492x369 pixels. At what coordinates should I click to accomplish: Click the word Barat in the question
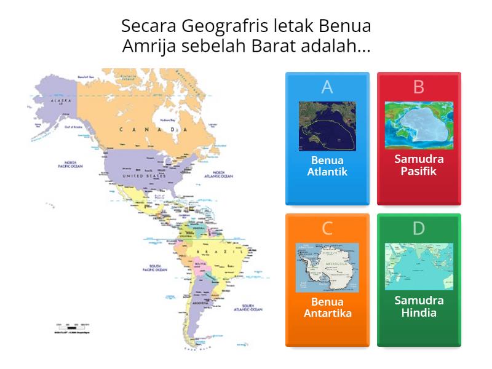277,47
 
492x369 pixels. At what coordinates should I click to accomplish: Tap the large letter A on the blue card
327,87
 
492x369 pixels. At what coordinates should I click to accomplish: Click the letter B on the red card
419,87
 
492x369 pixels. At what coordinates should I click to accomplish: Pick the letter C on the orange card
327,229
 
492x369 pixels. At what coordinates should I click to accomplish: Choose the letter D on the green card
419,229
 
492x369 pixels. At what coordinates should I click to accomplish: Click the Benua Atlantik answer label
327,165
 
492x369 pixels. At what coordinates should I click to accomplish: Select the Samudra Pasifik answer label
419,165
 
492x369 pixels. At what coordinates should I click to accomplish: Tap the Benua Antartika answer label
327,307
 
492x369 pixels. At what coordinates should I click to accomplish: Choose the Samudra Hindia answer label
419,306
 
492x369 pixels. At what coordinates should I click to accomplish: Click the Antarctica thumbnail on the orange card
327,268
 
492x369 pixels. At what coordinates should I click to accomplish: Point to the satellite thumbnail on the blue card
327,126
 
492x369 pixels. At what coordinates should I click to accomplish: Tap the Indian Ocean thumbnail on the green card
419,266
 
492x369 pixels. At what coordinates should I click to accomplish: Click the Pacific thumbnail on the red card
419,125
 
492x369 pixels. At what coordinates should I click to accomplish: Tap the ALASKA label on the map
61,100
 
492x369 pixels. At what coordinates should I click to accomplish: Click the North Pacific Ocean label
70,165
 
